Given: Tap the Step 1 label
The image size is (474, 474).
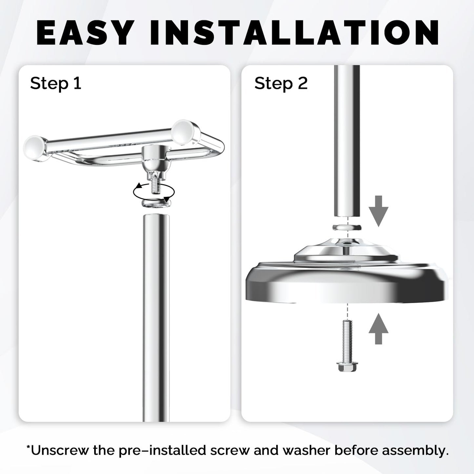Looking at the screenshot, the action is [55, 84].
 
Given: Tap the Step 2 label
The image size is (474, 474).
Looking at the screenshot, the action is [281, 84].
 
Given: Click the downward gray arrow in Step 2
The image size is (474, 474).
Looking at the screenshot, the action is [378, 211].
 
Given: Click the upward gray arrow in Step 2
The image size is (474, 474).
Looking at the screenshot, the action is [378, 329].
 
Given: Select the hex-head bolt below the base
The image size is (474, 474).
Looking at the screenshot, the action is [347, 345].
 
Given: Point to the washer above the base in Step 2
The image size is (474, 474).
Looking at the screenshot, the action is [347, 227].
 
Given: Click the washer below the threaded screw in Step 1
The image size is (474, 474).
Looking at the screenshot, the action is [156, 203].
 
